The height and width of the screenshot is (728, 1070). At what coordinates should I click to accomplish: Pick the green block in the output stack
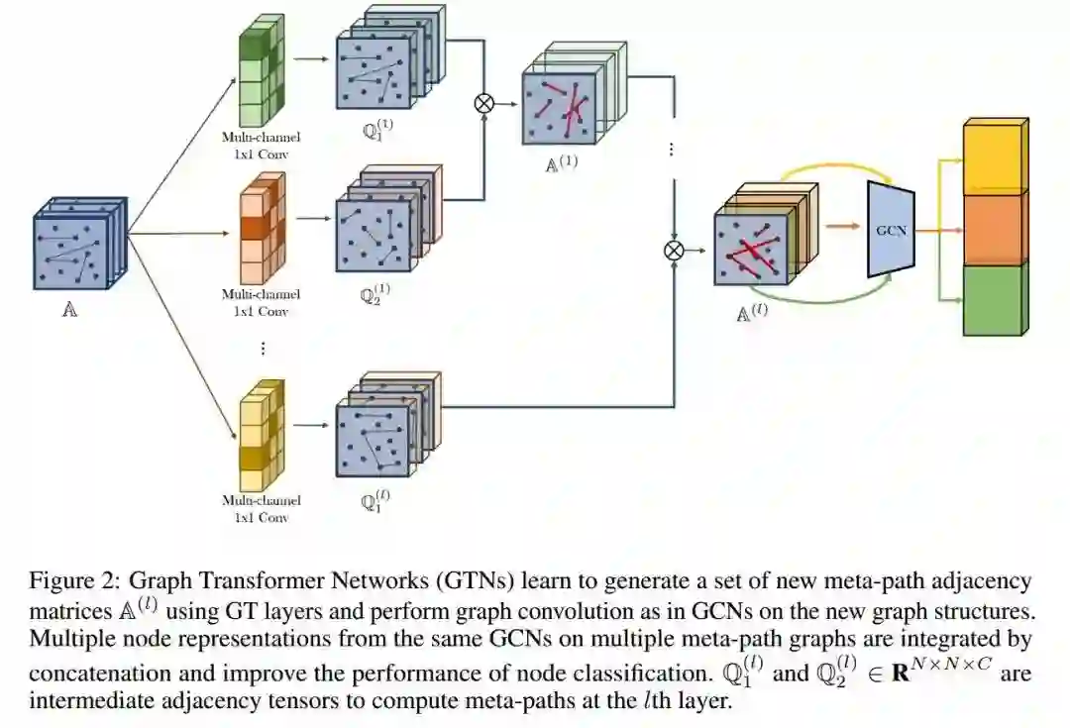coord(994,299)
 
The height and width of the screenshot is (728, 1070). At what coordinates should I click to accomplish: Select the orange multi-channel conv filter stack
coord(261,227)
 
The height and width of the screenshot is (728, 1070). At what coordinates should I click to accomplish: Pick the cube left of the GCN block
coord(753,249)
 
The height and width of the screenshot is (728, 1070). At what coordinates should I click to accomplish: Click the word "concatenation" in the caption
coord(93,673)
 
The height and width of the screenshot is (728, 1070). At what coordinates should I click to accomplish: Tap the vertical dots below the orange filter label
coord(263,349)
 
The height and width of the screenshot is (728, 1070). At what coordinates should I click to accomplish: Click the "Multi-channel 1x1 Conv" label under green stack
coord(261,145)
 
